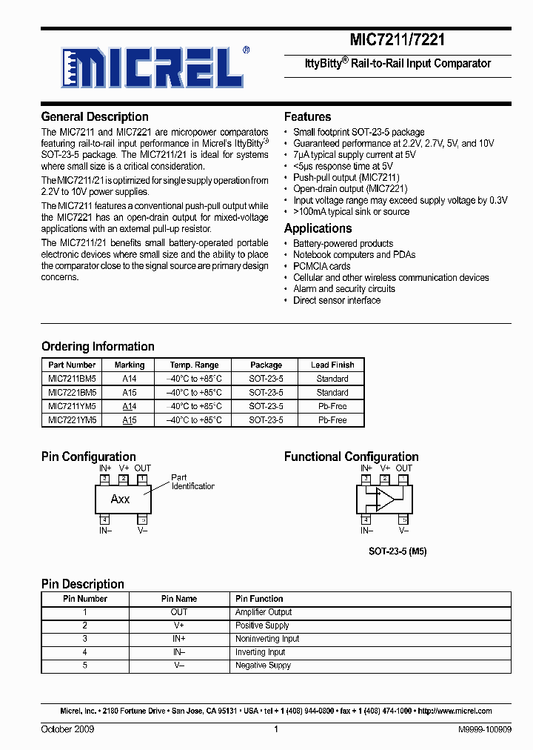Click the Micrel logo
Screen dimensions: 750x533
click(x=154, y=69)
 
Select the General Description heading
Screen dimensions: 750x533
click(x=95, y=117)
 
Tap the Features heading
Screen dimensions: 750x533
click(x=307, y=117)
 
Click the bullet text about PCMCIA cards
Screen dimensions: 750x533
click(x=321, y=266)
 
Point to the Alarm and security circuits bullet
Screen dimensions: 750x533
click(x=343, y=289)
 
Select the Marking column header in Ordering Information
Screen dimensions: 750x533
click(x=130, y=365)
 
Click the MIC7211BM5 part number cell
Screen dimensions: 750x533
click(x=72, y=379)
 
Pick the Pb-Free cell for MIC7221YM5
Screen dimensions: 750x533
click(x=332, y=420)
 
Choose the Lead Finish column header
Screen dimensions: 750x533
click(x=332, y=365)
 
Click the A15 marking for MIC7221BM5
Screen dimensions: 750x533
click(x=130, y=393)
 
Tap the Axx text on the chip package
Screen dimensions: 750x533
click(x=120, y=500)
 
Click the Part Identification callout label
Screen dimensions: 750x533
click(x=192, y=482)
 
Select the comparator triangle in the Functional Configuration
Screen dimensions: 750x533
click(x=385, y=499)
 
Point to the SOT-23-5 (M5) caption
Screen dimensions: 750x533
click(x=398, y=552)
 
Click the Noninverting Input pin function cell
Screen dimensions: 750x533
click(x=267, y=639)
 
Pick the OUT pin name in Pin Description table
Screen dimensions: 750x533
click(x=179, y=612)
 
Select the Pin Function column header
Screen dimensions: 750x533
click(x=259, y=599)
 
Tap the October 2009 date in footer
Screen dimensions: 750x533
click(x=67, y=730)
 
